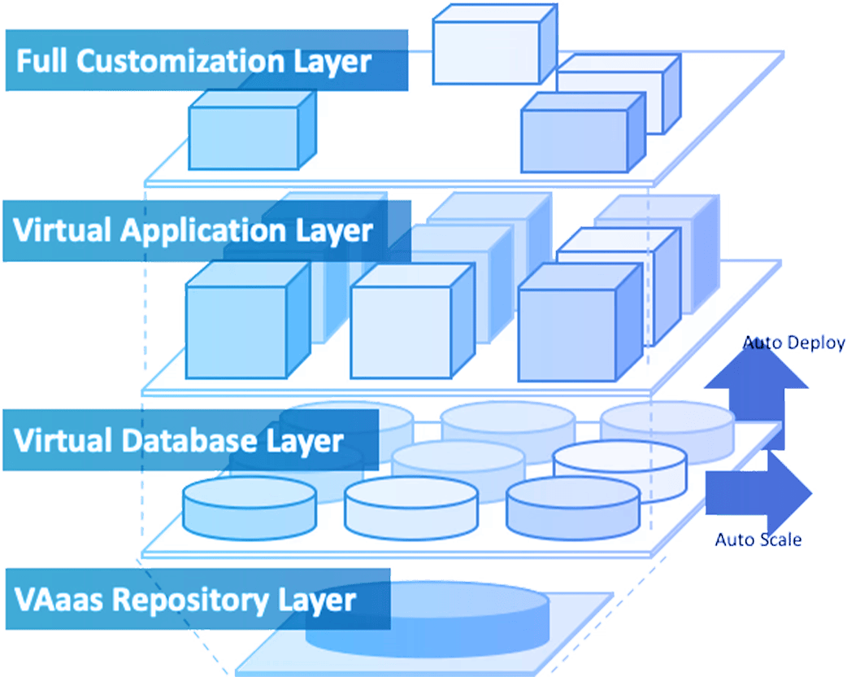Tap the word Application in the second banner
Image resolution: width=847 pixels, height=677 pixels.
[x=201, y=230]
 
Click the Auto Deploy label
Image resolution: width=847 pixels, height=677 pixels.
[x=793, y=343]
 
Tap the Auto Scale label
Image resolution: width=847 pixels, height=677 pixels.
[x=759, y=539]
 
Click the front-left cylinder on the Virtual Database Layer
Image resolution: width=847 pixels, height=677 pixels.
[x=250, y=506]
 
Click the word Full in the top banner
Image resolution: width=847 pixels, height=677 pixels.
[x=41, y=62]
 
